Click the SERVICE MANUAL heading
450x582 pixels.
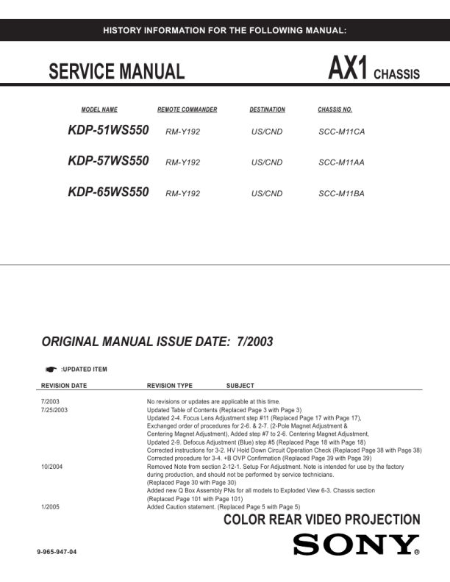pyautogui.click(x=116, y=72)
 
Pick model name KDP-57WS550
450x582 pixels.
pyautogui.click(x=108, y=162)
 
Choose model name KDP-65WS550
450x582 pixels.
pyautogui.click(x=108, y=193)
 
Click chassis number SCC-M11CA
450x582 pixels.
pyautogui.click(x=342, y=132)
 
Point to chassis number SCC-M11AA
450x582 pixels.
pyautogui.click(x=342, y=162)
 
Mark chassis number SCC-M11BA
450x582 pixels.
pyautogui.click(x=342, y=193)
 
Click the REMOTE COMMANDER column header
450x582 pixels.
pyautogui.click(x=187, y=110)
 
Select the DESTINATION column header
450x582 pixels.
pyautogui.click(x=267, y=110)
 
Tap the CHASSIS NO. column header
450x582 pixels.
pyautogui.click(x=335, y=110)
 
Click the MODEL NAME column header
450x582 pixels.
pyautogui.click(x=99, y=110)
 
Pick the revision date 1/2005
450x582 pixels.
pyautogui.click(x=49, y=507)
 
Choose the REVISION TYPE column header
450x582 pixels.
pyautogui.click(x=170, y=385)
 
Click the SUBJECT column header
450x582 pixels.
pyautogui.click(x=240, y=385)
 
